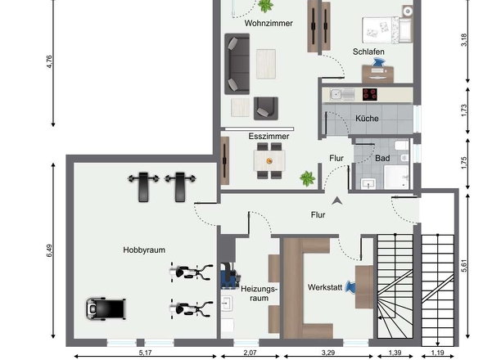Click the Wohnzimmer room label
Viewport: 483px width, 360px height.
point(269,23)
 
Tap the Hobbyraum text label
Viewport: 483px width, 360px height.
point(144,250)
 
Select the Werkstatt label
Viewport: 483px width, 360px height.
point(325,288)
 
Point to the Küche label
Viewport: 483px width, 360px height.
point(367,119)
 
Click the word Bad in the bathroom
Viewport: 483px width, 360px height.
point(382,158)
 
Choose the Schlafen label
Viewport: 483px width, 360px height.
point(368,52)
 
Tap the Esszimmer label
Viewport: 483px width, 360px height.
point(269,136)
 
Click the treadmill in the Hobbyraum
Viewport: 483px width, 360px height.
point(106,309)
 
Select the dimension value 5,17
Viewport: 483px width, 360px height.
point(145,353)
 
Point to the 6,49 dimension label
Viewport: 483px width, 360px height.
point(49,250)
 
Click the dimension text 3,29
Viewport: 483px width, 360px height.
point(328,353)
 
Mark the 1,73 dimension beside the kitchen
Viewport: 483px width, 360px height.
point(464,110)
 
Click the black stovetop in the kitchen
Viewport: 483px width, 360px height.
point(370,95)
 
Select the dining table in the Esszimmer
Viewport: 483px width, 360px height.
point(269,160)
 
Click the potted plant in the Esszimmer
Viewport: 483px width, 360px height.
point(308,178)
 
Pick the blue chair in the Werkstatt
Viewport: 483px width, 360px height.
point(351,287)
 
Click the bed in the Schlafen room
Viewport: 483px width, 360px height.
point(387,30)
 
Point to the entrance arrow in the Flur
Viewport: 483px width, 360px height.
point(337,200)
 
